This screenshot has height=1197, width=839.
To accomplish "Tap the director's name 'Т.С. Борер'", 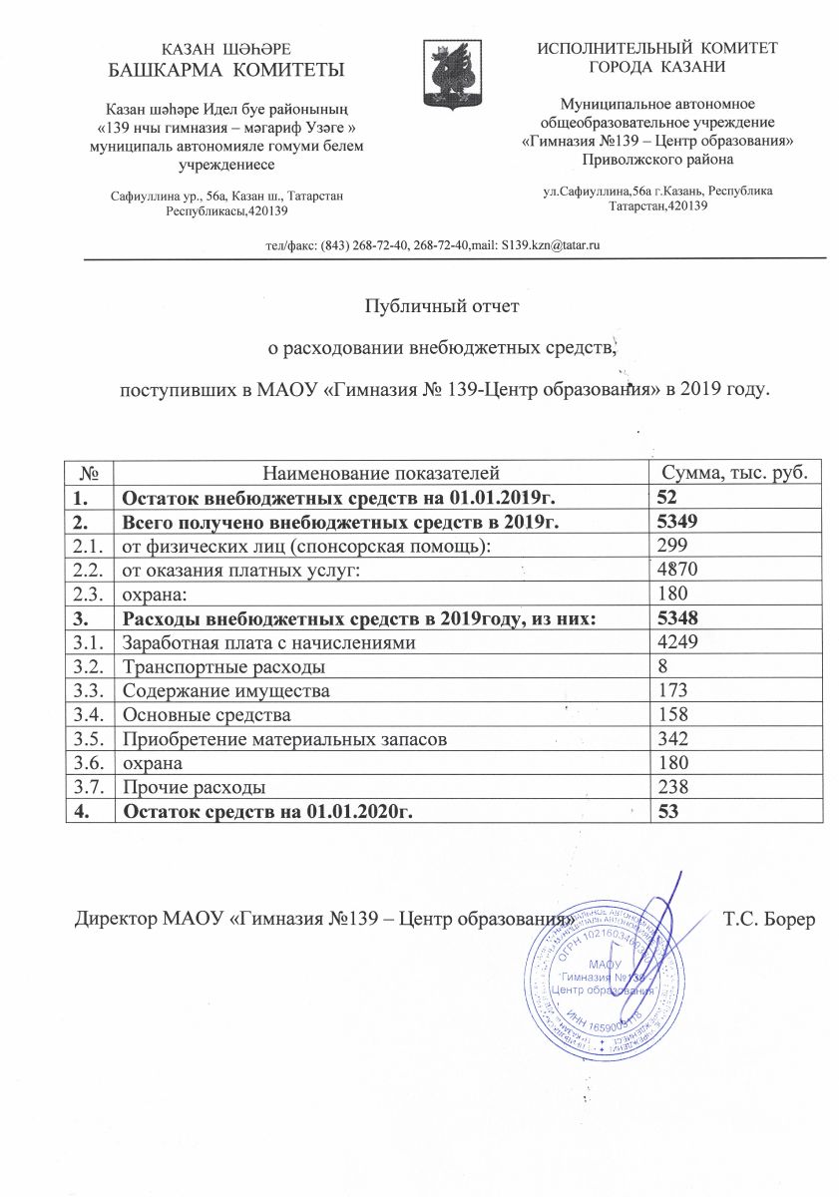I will point(769,918).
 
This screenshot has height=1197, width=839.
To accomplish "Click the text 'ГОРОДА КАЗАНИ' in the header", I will point(657,67).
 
